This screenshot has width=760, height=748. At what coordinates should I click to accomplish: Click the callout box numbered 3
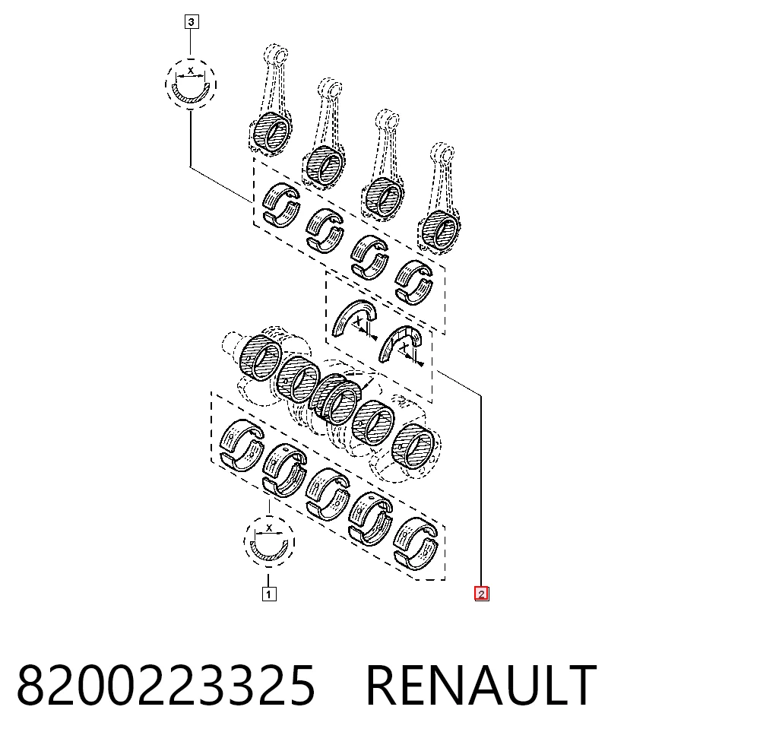(x=192, y=22)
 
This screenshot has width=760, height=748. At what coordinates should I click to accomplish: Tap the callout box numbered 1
(x=269, y=594)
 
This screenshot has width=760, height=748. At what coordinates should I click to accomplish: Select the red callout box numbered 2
(x=481, y=594)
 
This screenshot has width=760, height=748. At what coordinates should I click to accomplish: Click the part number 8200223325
(x=166, y=685)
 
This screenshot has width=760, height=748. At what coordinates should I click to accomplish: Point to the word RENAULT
(x=481, y=685)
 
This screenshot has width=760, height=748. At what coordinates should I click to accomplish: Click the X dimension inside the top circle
(x=191, y=71)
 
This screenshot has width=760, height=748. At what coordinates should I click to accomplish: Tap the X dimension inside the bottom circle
(x=269, y=528)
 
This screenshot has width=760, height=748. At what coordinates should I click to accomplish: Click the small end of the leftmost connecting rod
(x=276, y=53)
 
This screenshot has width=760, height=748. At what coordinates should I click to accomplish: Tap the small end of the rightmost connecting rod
(x=442, y=152)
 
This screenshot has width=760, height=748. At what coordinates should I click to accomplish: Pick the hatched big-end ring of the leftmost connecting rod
(x=272, y=132)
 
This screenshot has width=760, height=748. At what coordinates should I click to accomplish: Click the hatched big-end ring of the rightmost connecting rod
(x=439, y=230)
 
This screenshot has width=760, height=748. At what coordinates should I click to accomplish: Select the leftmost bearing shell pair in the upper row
(x=281, y=205)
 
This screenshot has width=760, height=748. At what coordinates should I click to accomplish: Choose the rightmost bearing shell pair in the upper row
(x=414, y=283)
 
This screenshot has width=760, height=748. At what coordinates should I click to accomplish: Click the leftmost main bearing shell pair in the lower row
(x=242, y=445)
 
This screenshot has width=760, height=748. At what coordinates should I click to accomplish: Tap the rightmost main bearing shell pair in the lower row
(x=416, y=544)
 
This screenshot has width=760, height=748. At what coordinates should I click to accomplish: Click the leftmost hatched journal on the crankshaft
(x=260, y=358)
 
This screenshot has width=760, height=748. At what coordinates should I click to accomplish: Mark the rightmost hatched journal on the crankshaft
(x=413, y=446)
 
